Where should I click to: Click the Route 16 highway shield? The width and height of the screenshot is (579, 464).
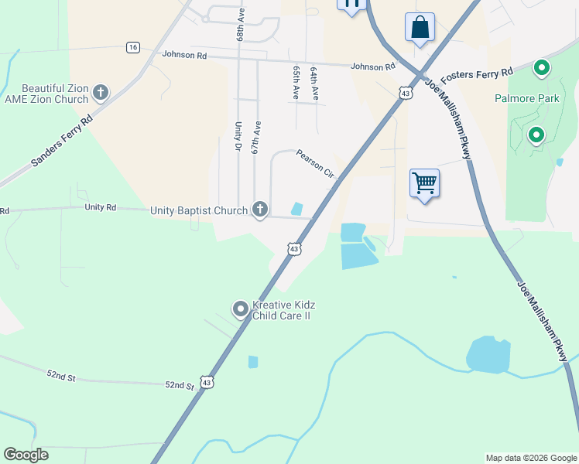(133, 48)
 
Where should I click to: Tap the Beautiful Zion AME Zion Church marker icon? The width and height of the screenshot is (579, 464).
(100, 94)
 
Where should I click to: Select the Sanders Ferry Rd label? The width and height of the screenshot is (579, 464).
(62, 141)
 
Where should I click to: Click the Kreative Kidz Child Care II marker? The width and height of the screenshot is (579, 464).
(240, 310)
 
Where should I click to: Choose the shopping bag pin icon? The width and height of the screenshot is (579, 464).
(420, 27)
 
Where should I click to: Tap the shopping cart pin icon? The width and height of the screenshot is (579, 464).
(424, 183)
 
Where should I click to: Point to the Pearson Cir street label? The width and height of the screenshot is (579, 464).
(315, 164)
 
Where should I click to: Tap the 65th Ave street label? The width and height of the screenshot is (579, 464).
(296, 81)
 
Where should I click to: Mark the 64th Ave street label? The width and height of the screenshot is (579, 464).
(314, 84)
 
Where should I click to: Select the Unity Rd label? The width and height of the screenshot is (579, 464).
(100, 207)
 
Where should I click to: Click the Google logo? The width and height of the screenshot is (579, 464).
(26, 455)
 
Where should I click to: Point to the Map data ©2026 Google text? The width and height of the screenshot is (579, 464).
(531, 458)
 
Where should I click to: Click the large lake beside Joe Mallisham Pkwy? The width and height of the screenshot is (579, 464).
(488, 354)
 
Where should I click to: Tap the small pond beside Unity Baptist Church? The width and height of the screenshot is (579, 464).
(296, 209)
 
